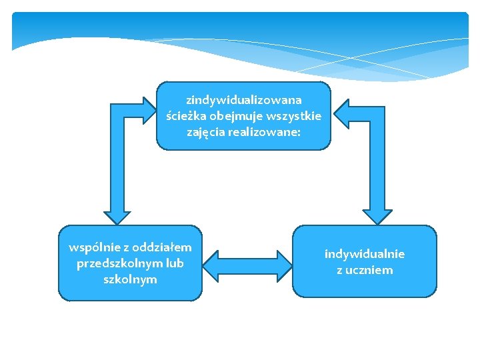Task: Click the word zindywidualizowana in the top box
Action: point(243,100)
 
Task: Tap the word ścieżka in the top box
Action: point(185,116)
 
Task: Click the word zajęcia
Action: point(208,133)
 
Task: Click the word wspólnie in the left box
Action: point(91,247)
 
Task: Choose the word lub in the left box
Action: point(175,263)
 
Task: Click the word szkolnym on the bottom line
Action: point(130,279)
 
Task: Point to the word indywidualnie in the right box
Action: point(365,254)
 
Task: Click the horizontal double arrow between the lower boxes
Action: point(247,264)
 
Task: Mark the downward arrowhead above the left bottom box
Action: point(117,213)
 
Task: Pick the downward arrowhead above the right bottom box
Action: point(379,213)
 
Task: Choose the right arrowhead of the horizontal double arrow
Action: point(281,264)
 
